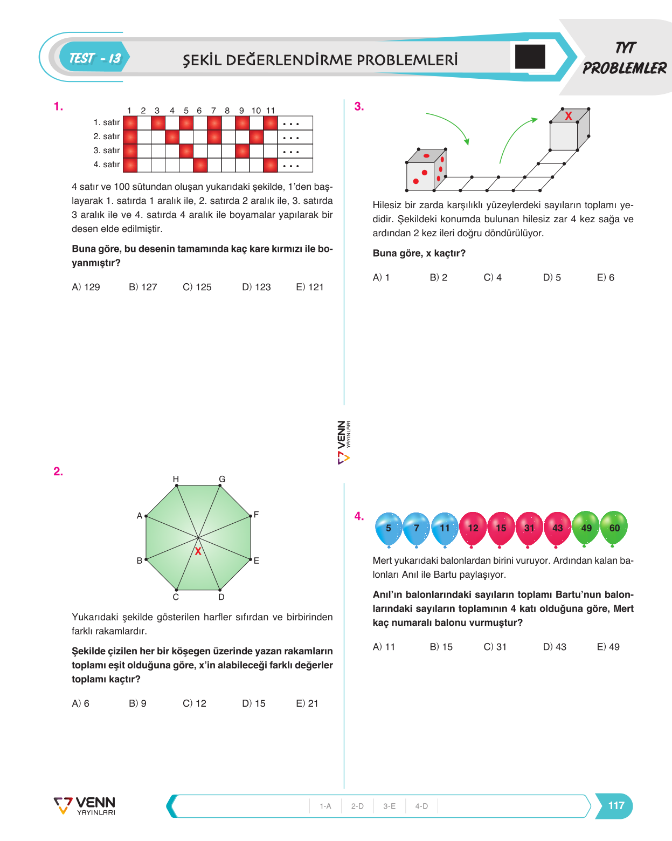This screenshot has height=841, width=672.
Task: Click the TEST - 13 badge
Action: click(94, 57)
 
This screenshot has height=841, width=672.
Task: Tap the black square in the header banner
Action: click(530, 57)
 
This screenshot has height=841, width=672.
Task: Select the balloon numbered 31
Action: click(529, 529)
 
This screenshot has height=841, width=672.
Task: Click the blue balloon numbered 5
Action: click(389, 529)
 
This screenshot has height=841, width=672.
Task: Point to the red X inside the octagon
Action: click(198, 551)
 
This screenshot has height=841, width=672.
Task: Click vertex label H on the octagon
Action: click(176, 479)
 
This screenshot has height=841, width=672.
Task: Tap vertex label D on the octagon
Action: click(221, 597)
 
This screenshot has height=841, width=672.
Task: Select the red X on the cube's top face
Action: click(569, 115)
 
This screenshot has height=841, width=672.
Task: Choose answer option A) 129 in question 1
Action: click(86, 287)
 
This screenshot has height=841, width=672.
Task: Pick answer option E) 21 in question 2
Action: click(307, 703)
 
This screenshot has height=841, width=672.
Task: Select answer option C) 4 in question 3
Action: click(493, 277)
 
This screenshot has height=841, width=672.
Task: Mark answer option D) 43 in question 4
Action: click(555, 647)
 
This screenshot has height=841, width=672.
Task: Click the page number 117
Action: click(616, 805)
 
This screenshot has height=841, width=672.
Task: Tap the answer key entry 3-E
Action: click(389, 806)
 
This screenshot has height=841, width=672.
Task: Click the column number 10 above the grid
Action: click(256, 111)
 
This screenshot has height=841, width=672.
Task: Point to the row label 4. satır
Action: click(107, 165)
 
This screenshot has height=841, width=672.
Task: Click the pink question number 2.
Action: click(58, 471)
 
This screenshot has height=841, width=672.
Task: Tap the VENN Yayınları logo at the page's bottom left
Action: click(85, 806)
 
